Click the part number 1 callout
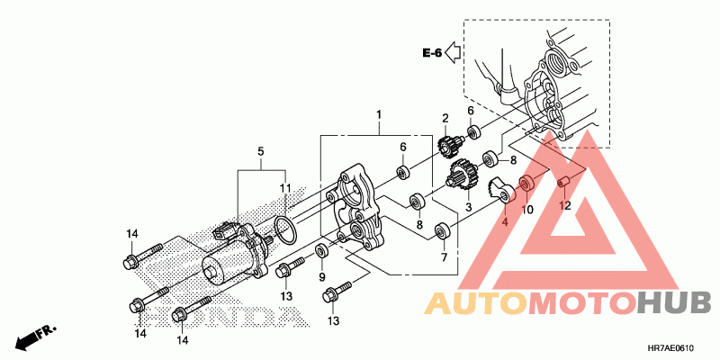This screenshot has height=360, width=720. (x=379, y=115)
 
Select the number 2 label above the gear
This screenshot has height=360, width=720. (x=445, y=119)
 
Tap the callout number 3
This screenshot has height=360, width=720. (x=468, y=207)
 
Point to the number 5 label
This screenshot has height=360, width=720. (x=261, y=152)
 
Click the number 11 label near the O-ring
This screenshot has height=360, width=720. (x=284, y=188)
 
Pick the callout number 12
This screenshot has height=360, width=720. (x=565, y=206)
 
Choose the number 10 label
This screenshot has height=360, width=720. (x=528, y=209)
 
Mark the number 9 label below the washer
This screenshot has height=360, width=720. (x=323, y=277)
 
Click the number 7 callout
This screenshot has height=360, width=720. (x=444, y=258)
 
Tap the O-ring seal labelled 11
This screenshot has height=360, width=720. (x=284, y=229)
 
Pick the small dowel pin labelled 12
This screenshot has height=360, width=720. (x=565, y=184)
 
